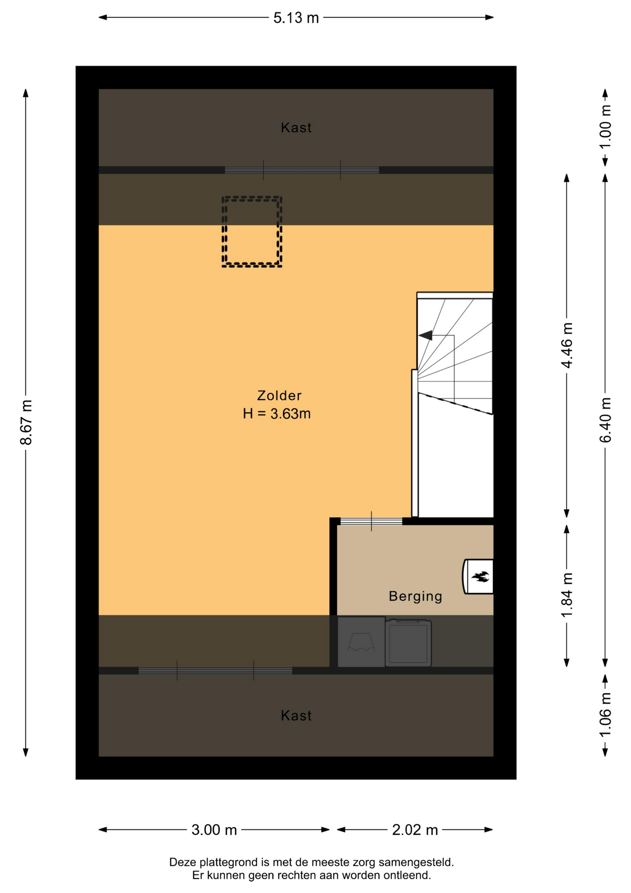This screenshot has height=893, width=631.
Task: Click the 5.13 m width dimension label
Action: (296, 18)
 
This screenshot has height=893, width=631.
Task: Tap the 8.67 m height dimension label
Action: (26, 422)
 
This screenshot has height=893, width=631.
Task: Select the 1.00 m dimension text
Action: (605, 127)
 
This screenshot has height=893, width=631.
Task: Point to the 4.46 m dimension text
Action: (567, 345)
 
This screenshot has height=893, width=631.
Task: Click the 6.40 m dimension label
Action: (605, 420)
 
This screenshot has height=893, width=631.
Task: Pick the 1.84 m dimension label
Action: (567, 595)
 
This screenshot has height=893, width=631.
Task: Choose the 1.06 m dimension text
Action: (605, 715)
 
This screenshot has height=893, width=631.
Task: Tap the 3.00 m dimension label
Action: (214, 830)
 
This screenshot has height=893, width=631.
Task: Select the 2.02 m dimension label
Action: (415, 830)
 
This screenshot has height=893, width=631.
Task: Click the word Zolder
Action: (279, 395)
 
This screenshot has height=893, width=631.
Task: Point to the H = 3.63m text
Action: (276, 413)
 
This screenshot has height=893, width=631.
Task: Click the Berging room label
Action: (415, 596)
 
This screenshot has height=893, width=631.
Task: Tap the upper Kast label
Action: (296, 127)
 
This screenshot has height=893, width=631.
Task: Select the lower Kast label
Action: (296, 715)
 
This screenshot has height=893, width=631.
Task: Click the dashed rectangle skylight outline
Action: (223, 232)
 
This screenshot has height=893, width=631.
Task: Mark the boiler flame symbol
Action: (480, 577)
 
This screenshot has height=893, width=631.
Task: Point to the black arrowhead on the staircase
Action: (426, 335)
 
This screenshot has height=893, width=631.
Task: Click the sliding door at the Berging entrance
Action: (371, 521)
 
